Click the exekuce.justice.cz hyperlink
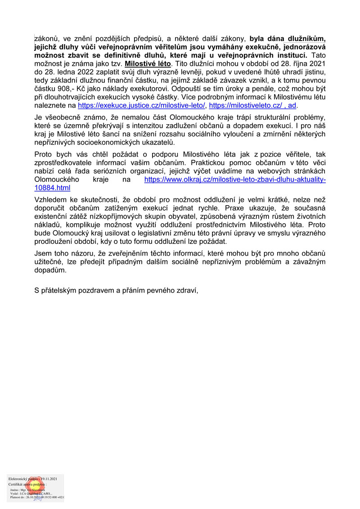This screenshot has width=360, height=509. click(142, 106)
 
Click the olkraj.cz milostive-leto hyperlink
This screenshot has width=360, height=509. click(234, 180)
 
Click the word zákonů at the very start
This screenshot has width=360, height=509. click(47, 39)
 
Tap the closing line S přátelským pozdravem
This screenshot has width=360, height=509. click(116, 291)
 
